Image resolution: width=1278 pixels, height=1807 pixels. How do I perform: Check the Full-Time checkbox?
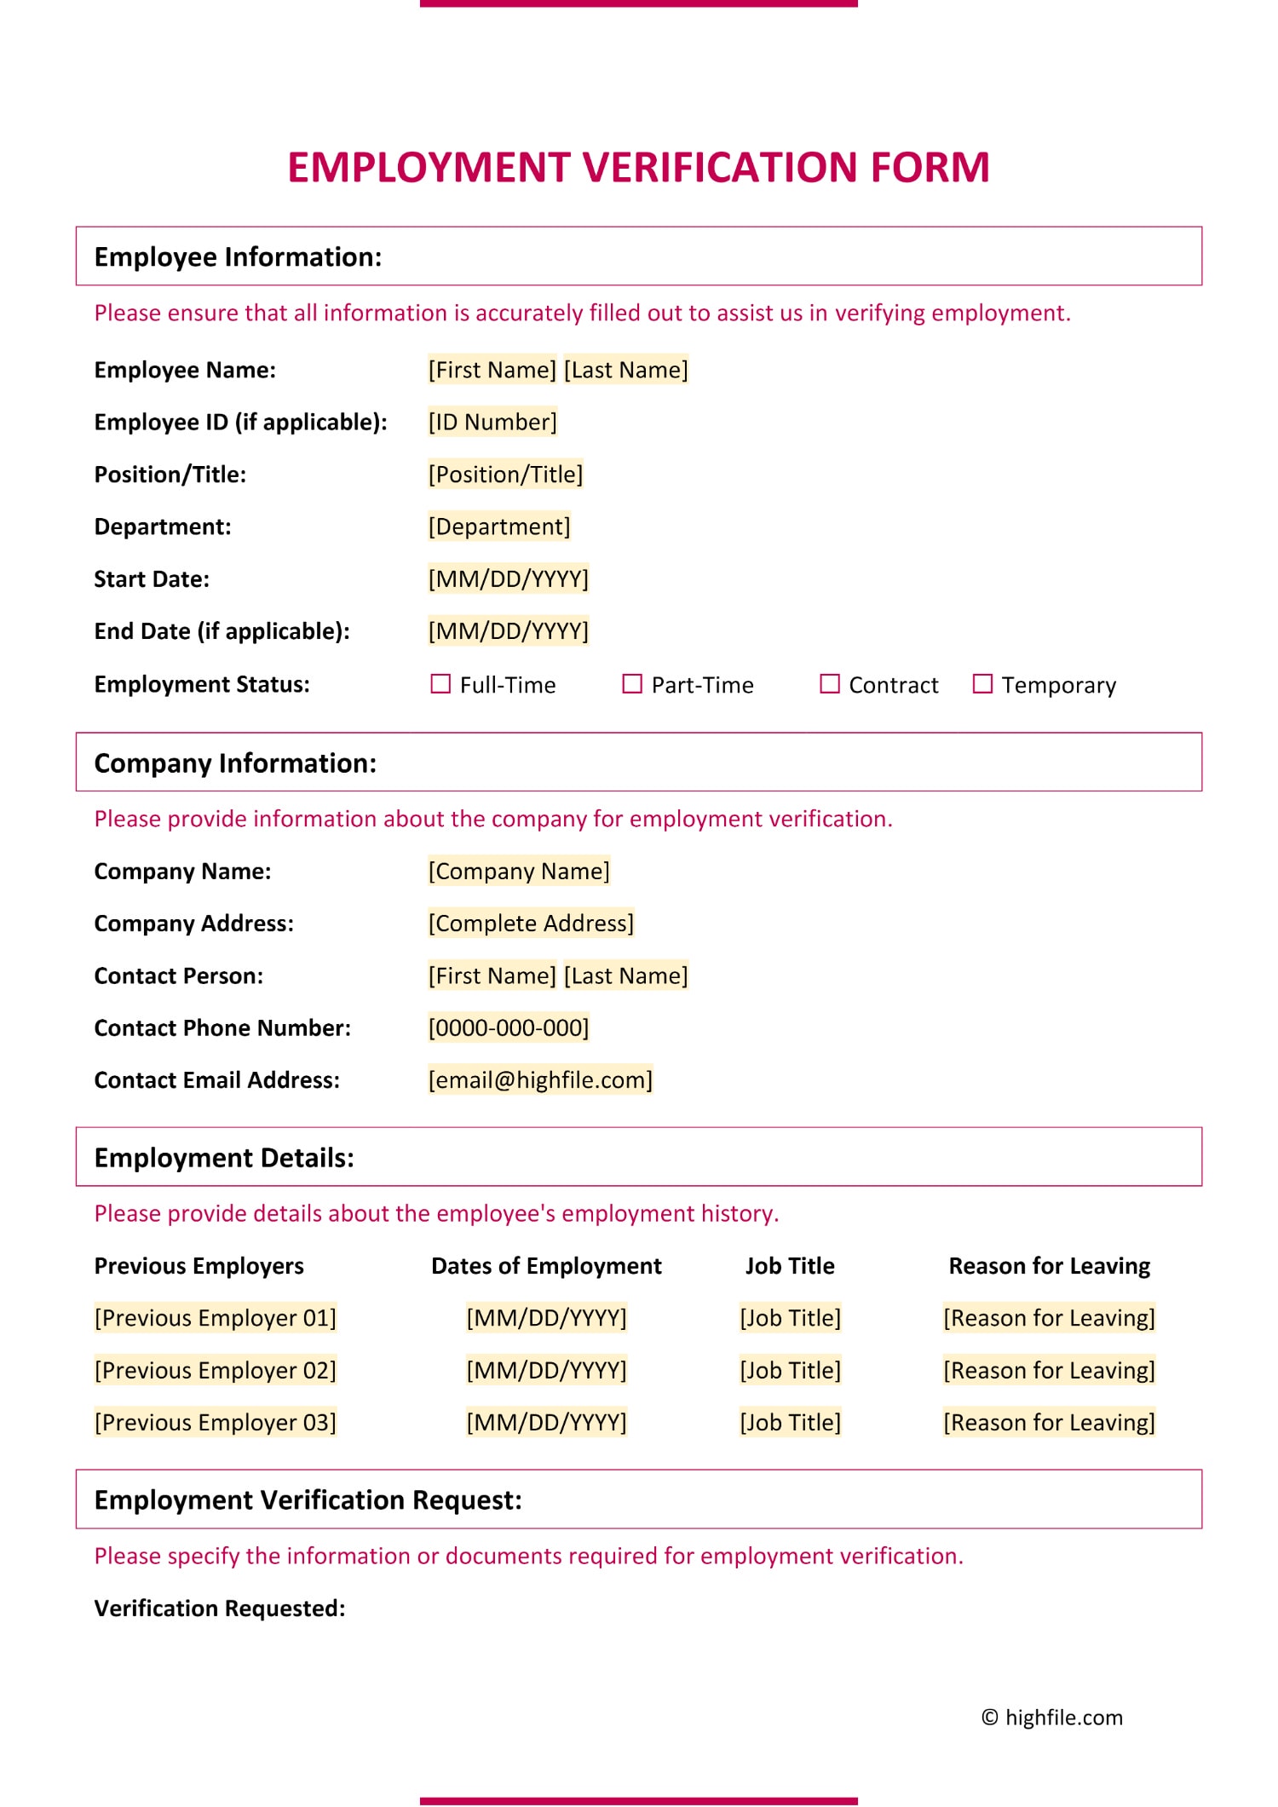(440, 684)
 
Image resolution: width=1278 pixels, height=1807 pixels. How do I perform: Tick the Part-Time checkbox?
(632, 684)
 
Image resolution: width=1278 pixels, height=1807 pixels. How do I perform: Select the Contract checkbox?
(829, 684)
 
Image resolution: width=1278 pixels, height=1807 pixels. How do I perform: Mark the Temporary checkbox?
(982, 684)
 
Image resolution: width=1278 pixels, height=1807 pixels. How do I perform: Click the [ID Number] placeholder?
(492, 422)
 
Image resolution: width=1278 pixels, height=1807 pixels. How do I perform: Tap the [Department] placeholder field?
(499, 527)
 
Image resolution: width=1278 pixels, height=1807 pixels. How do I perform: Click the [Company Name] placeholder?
(519, 871)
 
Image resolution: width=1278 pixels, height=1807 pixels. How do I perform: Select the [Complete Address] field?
(531, 924)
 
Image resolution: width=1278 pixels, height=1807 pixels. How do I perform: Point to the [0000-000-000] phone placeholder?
(509, 1027)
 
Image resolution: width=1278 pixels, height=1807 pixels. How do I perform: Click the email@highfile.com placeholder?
(540, 1080)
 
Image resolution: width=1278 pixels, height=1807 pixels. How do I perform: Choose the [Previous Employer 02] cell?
(216, 1370)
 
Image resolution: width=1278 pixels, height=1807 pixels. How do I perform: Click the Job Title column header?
(790, 1266)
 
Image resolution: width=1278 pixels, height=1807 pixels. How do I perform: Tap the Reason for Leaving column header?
(1049, 1266)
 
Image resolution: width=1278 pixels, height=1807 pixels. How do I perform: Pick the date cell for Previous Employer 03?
(546, 1422)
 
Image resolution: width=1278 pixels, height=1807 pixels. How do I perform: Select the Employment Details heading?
(224, 1158)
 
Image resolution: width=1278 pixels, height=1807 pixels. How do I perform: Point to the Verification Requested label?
(220, 1608)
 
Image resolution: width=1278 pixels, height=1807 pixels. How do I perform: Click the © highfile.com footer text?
(1052, 1718)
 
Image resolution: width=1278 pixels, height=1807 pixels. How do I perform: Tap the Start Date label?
(152, 579)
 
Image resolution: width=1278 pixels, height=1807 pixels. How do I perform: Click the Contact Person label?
(179, 975)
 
